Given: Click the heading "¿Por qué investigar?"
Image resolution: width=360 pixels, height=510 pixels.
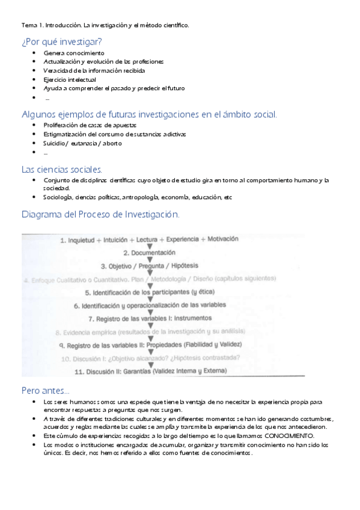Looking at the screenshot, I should click(61, 41).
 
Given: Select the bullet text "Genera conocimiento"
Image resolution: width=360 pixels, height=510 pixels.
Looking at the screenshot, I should click(69, 53).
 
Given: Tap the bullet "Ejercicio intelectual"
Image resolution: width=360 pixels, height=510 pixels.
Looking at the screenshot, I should click(70, 79).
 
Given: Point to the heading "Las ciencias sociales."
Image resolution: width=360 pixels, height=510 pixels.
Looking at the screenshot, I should click(62, 169).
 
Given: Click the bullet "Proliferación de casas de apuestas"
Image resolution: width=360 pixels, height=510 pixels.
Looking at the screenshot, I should click(90, 125).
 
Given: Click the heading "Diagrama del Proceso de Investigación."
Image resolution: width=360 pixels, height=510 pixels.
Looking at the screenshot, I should click(100, 214).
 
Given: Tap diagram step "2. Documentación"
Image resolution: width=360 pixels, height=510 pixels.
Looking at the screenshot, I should click(149, 253).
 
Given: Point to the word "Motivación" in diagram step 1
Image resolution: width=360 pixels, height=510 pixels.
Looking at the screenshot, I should click(216, 239).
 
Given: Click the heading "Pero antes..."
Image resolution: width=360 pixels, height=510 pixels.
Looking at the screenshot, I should click(45, 390).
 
